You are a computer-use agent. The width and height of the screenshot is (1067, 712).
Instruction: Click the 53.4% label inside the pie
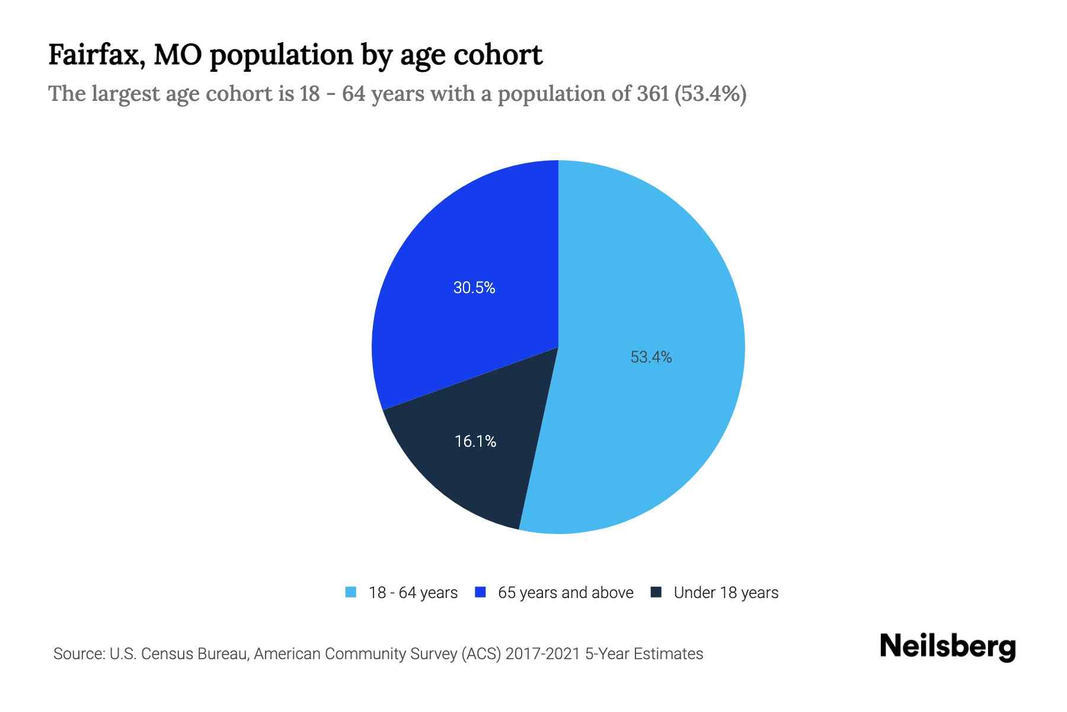(651, 357)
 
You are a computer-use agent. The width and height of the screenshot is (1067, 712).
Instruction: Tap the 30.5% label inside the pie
(474, 288)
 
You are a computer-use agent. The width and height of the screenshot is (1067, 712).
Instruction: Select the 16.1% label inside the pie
(475, 441)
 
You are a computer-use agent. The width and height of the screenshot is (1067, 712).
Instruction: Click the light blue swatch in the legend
(351, 592)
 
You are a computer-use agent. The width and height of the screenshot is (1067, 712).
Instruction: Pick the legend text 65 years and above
(566, 593)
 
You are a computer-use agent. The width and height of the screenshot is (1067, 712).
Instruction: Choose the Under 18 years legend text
(726, 593)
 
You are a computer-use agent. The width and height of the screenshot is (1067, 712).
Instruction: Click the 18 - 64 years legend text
(413, 593)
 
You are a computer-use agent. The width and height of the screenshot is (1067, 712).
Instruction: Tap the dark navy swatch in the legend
(656, 592)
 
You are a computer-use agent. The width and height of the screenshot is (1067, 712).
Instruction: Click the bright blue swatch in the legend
(481, 592)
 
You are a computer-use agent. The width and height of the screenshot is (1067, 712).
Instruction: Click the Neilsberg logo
(947, 646)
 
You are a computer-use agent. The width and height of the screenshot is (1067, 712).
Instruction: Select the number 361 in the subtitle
(653, 94)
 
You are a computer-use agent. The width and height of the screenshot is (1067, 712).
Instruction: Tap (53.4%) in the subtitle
(710, 94)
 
